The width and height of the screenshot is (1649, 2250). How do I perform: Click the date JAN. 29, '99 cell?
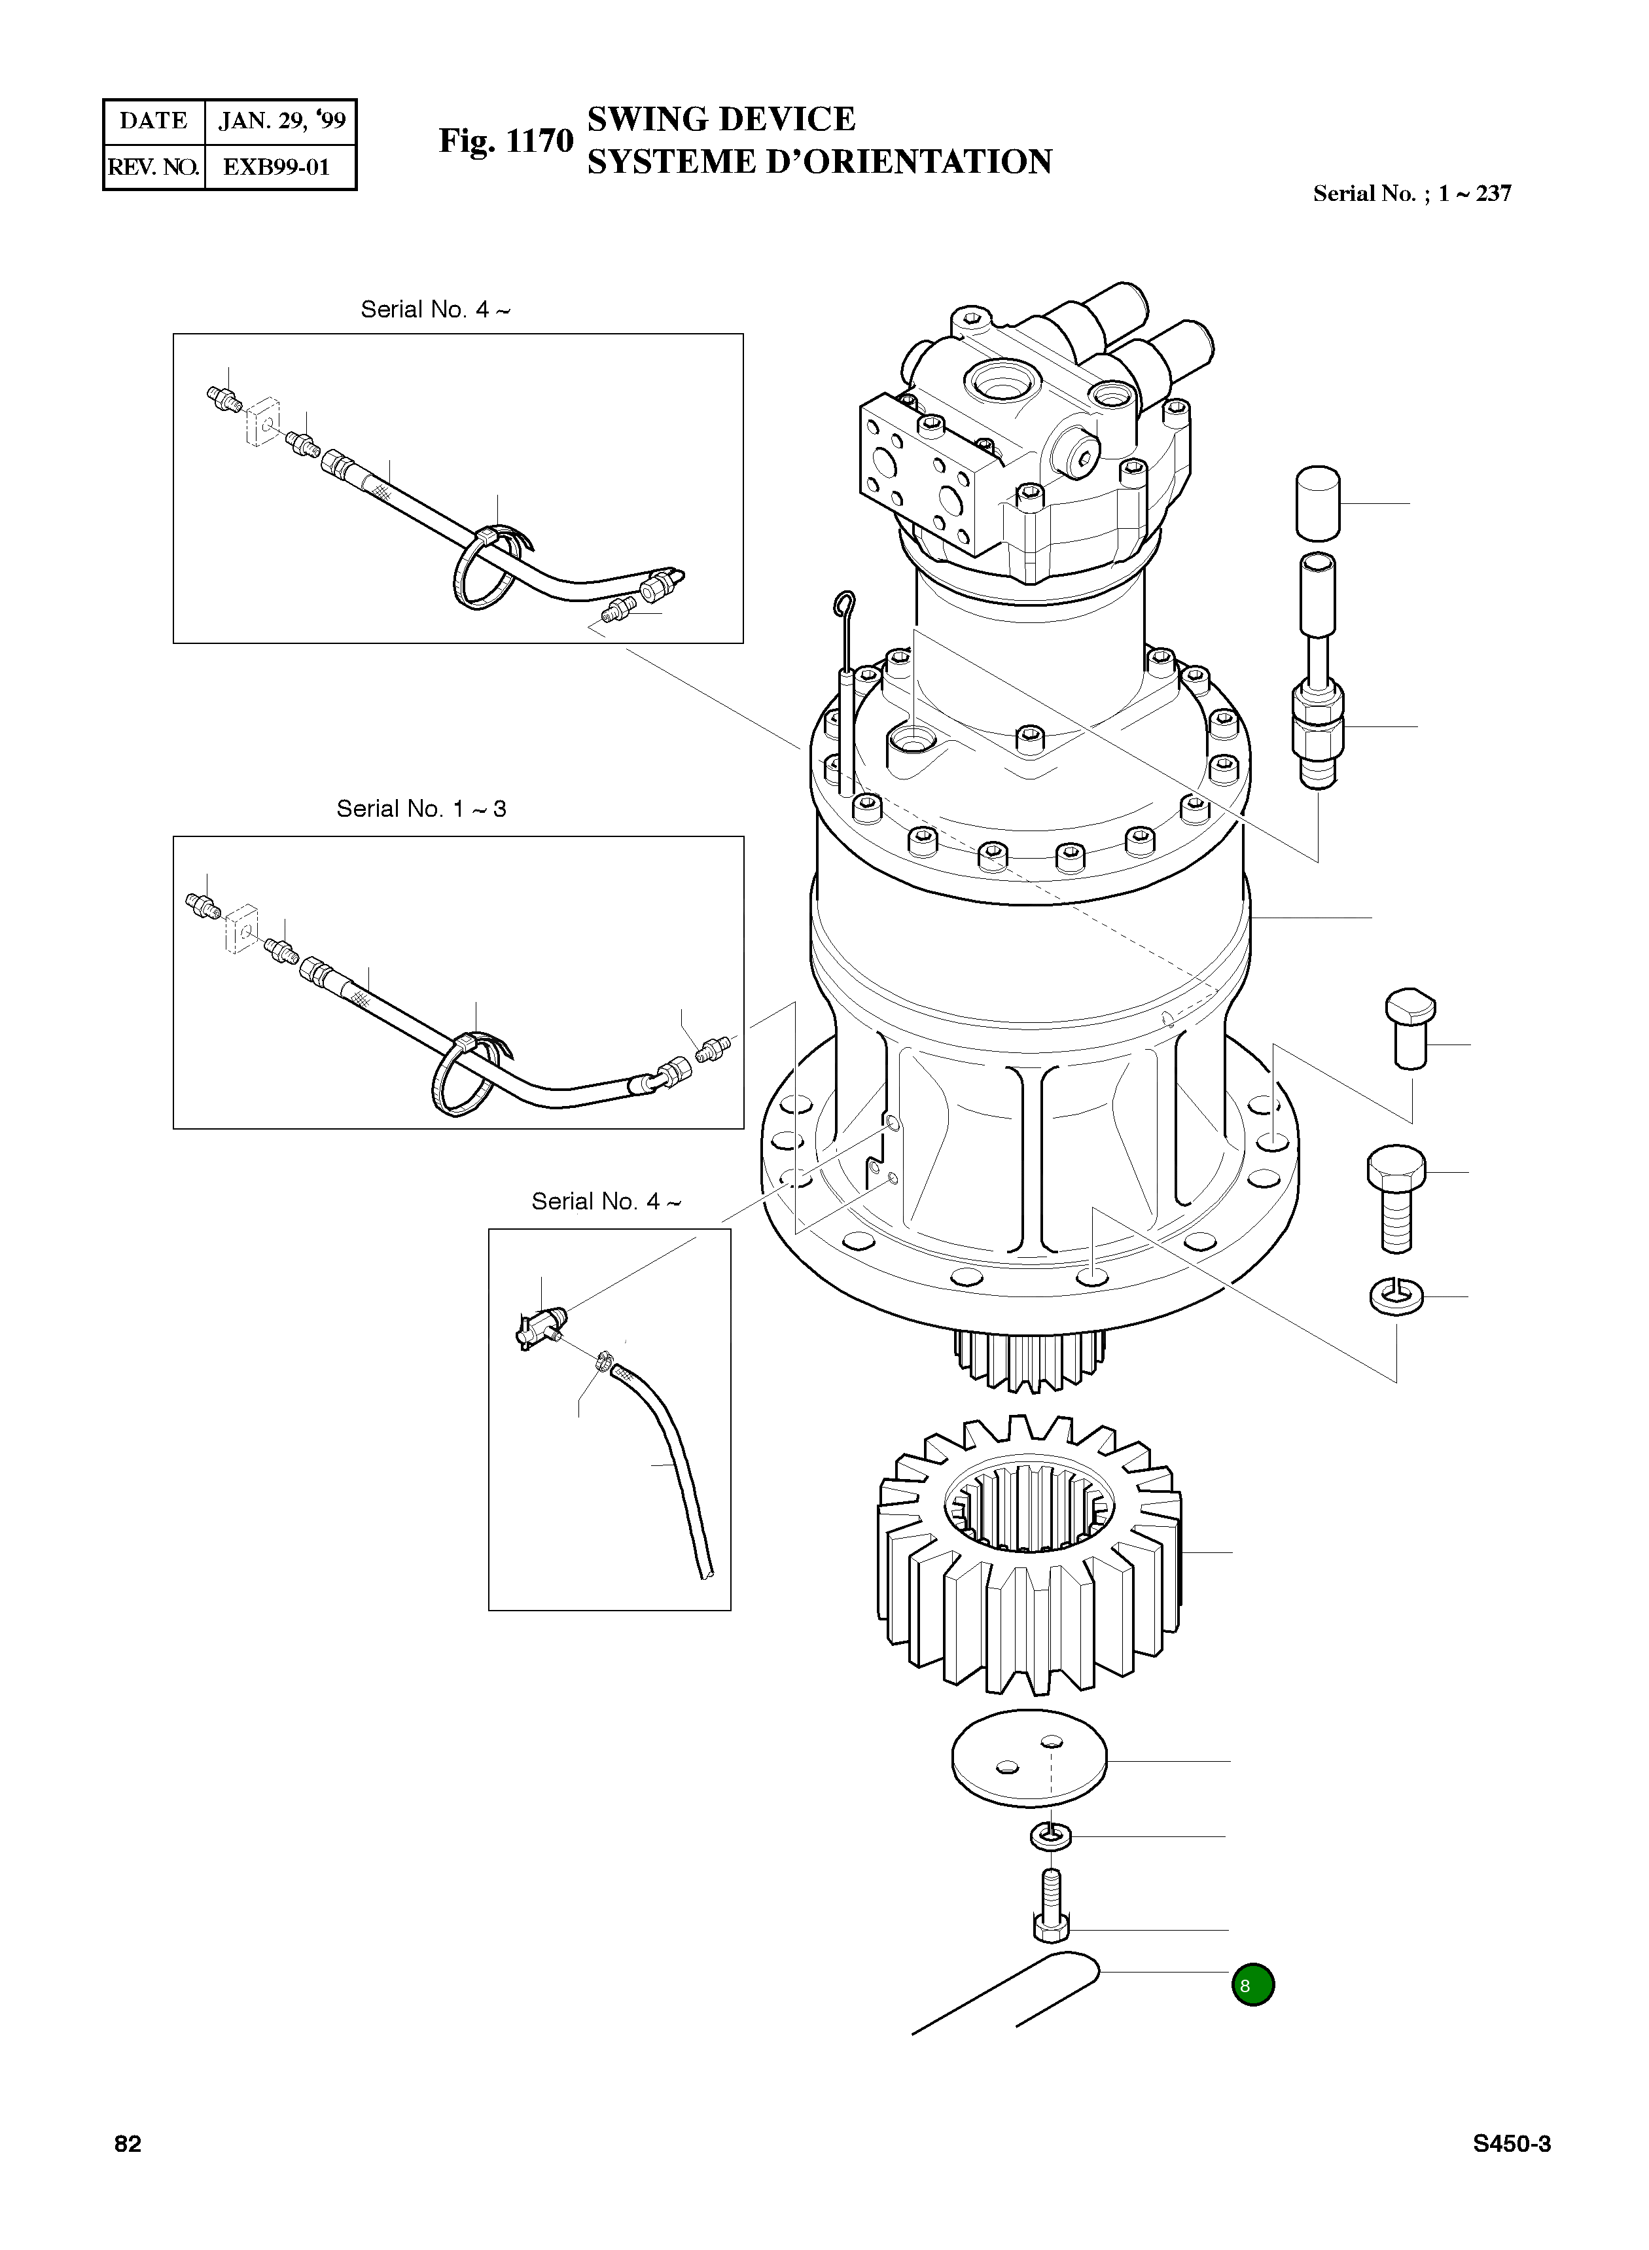(281, 122)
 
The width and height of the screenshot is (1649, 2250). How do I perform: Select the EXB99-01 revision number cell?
(277, 167)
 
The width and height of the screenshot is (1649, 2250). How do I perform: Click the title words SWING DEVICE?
(720, 119)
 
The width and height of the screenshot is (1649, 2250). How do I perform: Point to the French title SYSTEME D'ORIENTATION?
(819, 162)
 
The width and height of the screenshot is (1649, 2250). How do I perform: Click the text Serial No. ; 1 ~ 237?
(1411, 194)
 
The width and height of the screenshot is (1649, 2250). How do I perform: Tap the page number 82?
(128, 2143)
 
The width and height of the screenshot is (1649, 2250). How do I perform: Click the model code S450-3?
(1511, 2143)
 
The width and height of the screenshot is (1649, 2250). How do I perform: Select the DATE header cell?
(154, 122)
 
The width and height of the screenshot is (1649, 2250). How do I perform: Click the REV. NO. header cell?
(154, 167)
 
